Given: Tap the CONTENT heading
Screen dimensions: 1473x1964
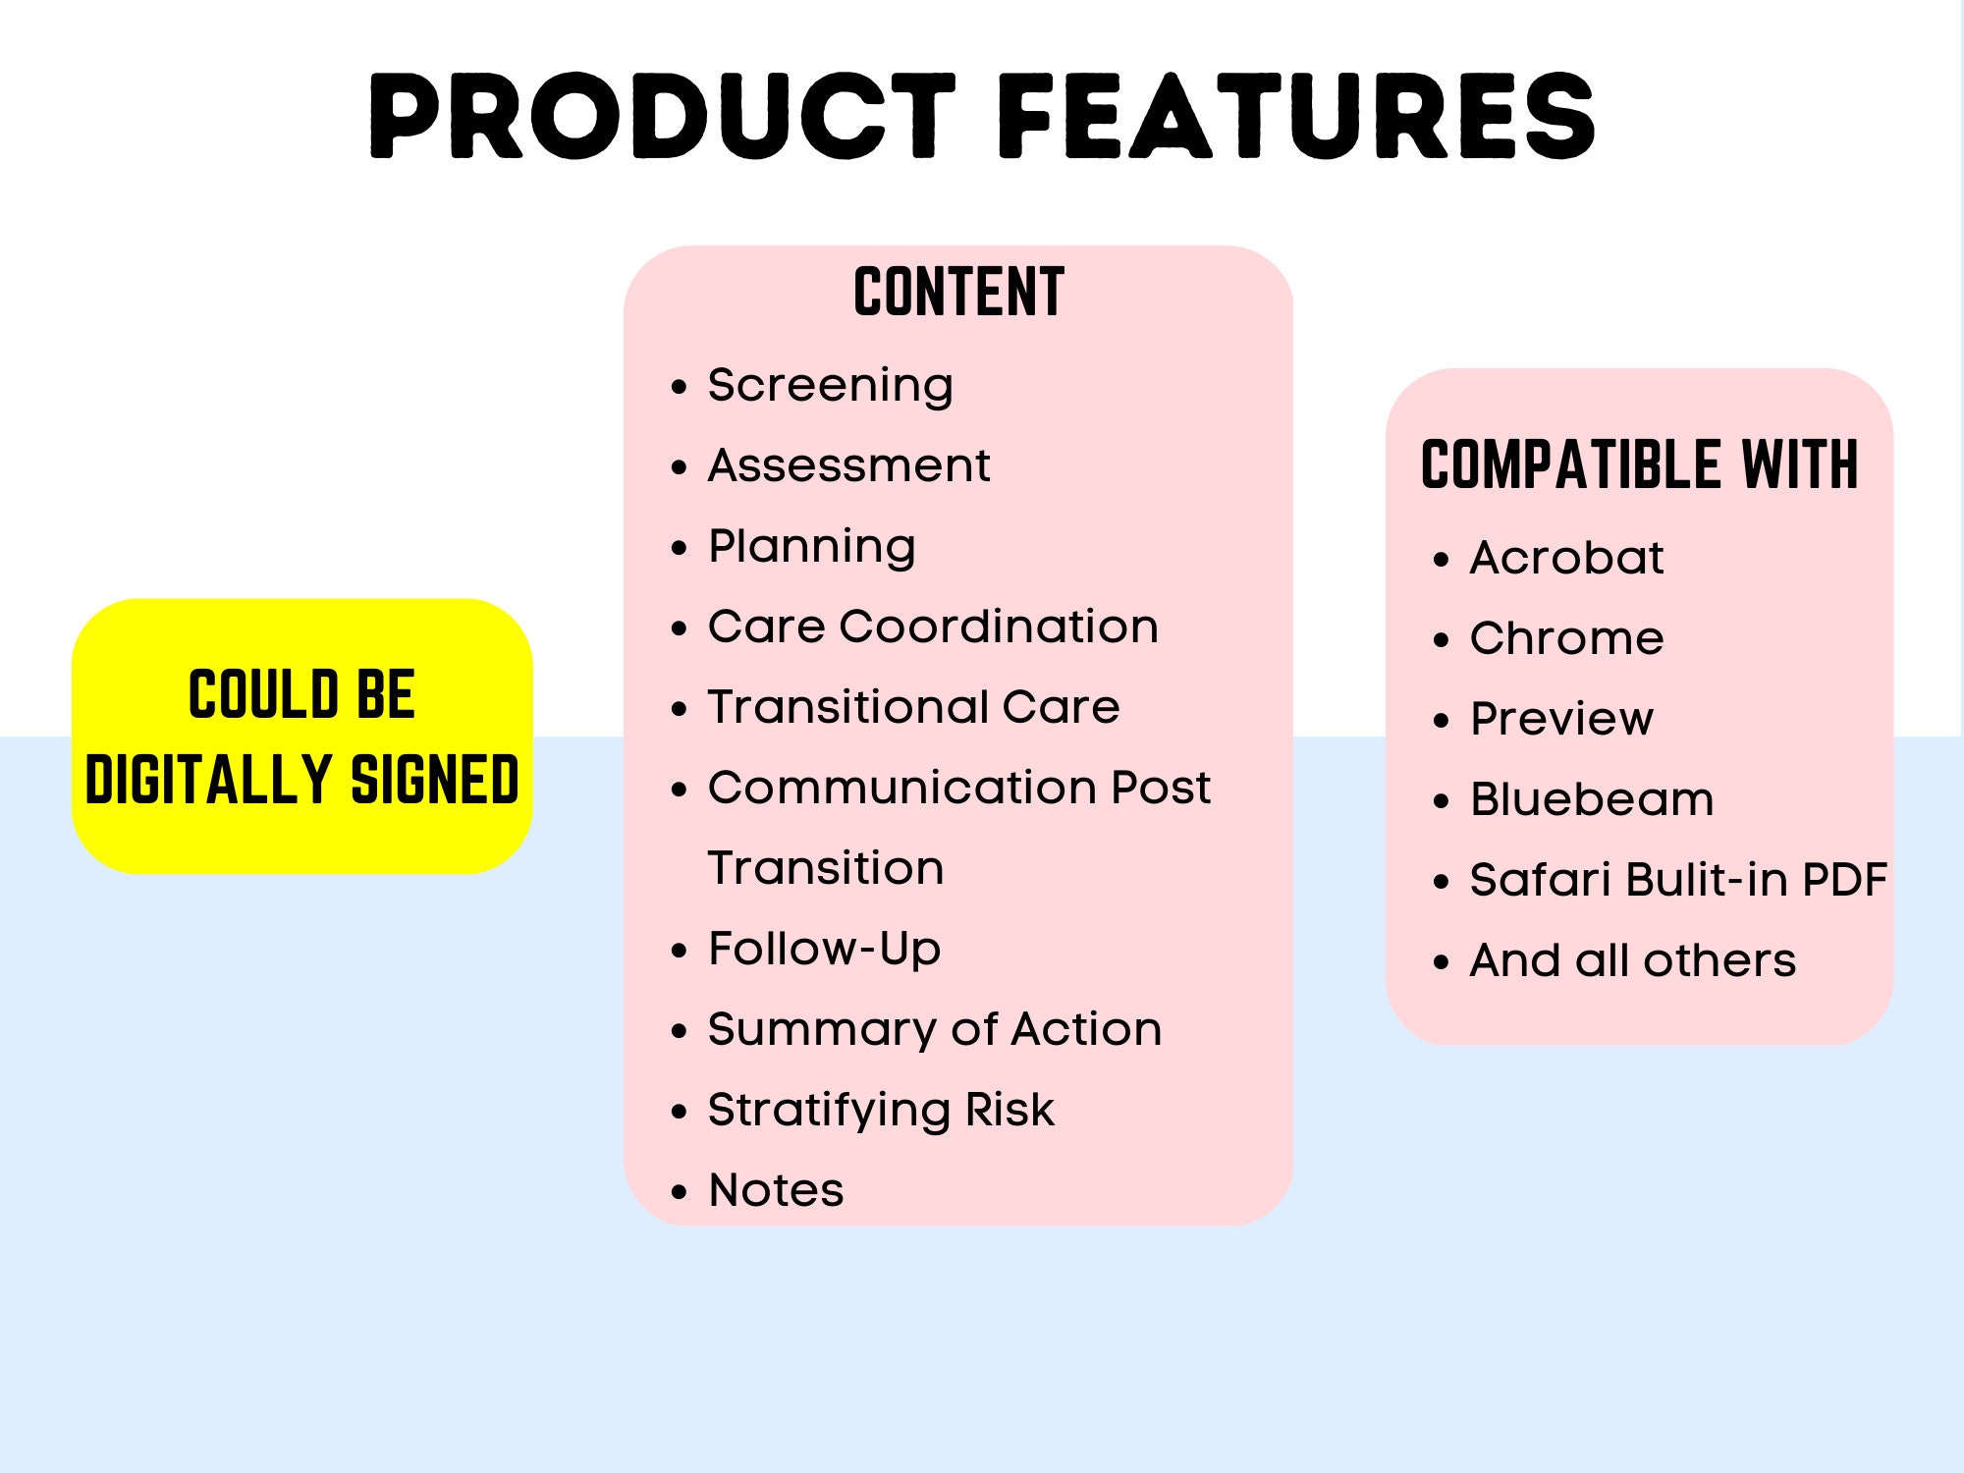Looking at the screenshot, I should click(x=958, y=293).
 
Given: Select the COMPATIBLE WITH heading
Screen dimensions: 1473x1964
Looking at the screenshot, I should click(x=1639, y=464).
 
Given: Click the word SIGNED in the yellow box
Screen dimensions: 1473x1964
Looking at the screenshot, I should click(x=434, y=780).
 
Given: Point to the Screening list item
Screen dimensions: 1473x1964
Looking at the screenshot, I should click(x=830, y=385).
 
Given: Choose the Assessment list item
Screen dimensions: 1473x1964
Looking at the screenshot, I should click(x=848, y=465).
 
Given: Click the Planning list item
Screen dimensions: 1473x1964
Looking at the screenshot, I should click(x=811, y=546).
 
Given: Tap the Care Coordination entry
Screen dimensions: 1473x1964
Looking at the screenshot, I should click(x=933, y=627).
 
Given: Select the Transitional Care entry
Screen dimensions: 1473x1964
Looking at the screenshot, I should click(x=913, y=707).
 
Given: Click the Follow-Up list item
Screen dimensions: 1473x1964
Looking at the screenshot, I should click(x=824, y=949).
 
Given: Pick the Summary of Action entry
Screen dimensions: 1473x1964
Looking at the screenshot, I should click(x=934, y=1029).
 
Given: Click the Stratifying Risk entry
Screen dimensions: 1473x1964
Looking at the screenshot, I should click(x=881, y=1110).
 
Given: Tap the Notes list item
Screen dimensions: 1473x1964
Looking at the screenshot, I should click(x=776, y=1190).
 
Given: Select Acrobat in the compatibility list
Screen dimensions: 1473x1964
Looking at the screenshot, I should click(x=1566, y=558).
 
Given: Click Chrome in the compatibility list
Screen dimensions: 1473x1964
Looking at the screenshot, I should click(x=1566, y=638).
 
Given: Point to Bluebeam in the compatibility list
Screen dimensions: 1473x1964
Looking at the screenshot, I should click(x=1591, y=799).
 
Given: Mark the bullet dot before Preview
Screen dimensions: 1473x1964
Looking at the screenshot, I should click(x=1441, y=721).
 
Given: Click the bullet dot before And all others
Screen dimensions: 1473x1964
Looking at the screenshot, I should click(x=1441, y=962).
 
